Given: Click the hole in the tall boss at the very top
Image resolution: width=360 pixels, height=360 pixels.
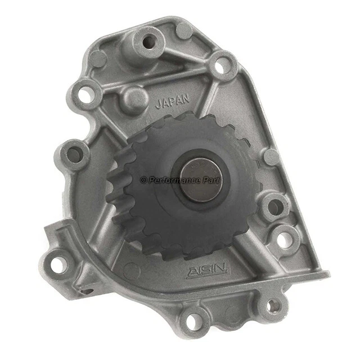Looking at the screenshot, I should (149, 41).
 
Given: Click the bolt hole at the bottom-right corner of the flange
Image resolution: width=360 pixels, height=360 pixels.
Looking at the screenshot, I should (274, 305).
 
